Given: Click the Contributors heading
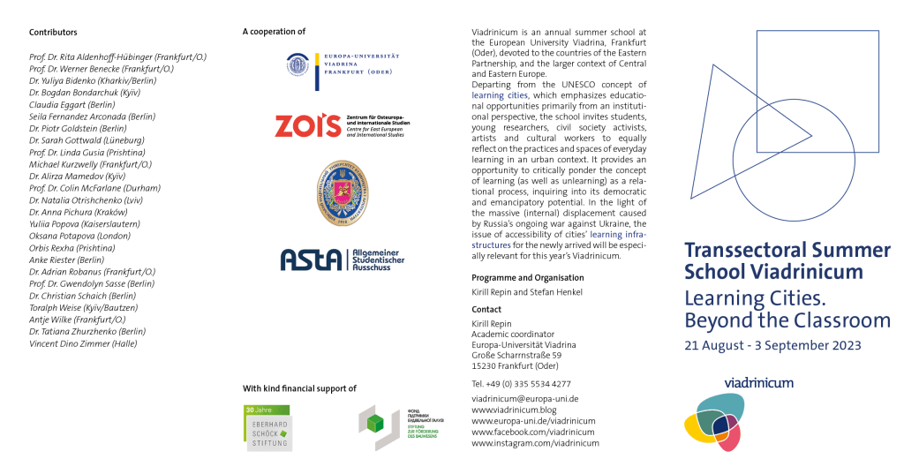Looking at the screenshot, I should point(53,32).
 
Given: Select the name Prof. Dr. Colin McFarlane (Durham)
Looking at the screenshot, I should point(94,188).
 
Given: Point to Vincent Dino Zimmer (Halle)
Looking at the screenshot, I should point(83,343).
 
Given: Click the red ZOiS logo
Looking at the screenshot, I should point(306,126).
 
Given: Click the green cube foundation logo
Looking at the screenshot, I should point(373,426).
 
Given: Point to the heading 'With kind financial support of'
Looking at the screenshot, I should point(299,388).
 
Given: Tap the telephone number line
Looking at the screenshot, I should point(521,384).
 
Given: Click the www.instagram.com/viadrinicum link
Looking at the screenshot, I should point(535,443).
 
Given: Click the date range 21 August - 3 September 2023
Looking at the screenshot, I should point(772,345).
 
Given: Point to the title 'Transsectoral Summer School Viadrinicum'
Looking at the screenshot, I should point(787,260).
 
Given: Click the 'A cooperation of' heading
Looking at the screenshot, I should point(274,32).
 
